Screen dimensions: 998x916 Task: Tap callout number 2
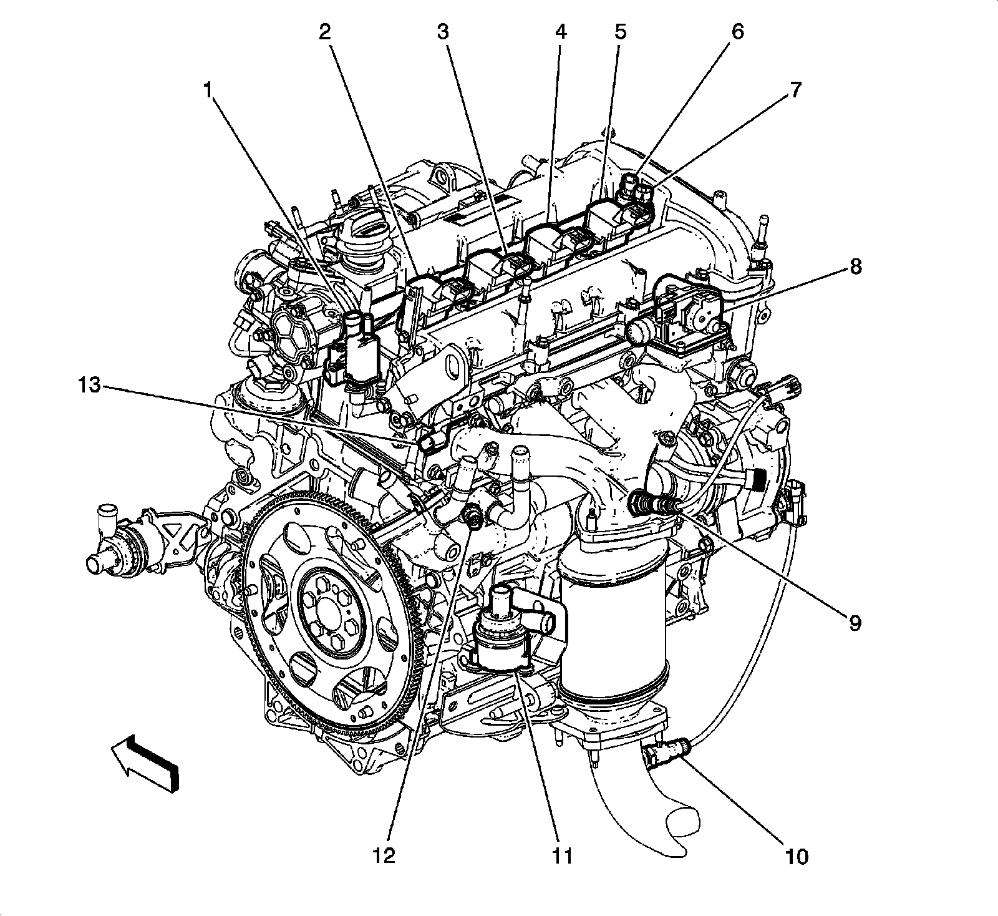tap(324, 32)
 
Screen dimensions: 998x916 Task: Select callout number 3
tap(443, 32)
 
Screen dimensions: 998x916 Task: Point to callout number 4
tap(560, 32)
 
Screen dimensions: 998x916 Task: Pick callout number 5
tap(619, 32)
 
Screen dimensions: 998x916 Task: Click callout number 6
tap(738, 32)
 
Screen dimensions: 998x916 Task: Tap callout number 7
tap(795, 91)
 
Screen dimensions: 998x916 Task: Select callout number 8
tap(855, 266)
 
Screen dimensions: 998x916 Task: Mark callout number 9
tap(855, 622)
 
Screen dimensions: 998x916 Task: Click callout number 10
tap(796, 857)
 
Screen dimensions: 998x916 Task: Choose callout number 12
tap(384, 857)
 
